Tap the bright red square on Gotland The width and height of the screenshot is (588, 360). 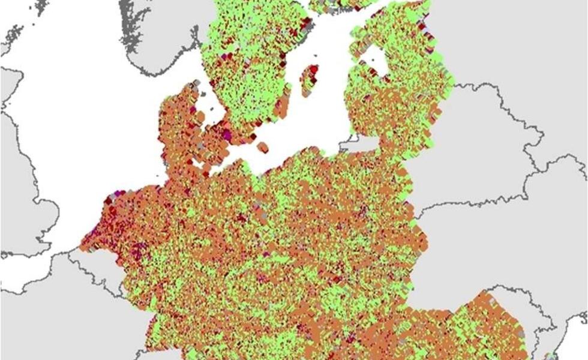click(314, 69)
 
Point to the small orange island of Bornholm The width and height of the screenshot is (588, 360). click(262, 146)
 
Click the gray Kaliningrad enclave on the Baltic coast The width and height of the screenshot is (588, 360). click(359, 144)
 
